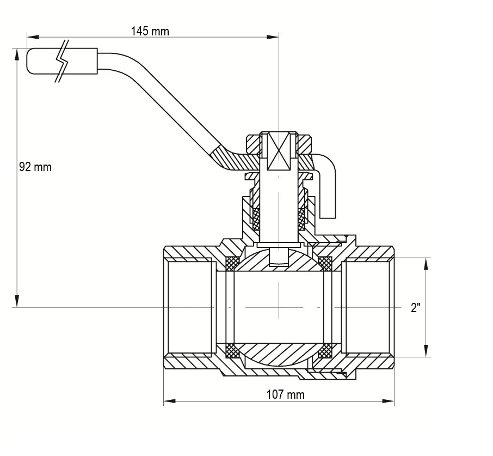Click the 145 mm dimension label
(150, 32)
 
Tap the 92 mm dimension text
(35, 167)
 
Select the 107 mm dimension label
(286, 394)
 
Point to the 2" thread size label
(415, 307)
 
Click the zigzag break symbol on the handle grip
(62, 62)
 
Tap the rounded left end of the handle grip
(28, 62)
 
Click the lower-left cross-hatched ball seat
(233, 350)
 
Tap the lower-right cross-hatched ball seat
(325, 350)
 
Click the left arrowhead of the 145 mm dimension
(33, 37)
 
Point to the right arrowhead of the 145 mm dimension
(273, 37)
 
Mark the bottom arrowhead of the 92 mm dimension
(17, 301)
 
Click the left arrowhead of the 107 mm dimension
(169, 401)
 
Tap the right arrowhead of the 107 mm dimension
(388, 401)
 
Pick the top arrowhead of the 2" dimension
(426, 264)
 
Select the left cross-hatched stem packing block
(256, 219)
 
